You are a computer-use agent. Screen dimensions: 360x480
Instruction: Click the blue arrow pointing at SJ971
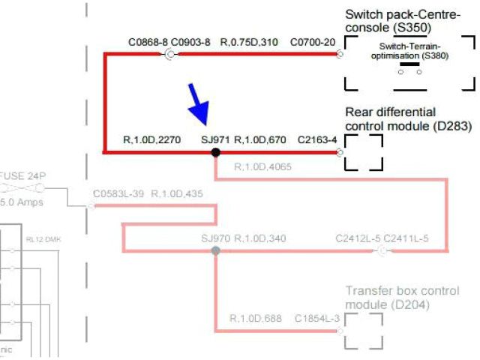pos(198,103)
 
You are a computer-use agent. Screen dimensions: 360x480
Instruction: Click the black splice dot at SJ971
pos(215,152)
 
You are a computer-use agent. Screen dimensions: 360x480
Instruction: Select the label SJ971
pos(214,139)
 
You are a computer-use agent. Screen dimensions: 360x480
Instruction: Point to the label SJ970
pos(214,238)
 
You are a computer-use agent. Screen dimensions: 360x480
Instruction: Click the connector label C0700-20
pos(313,41)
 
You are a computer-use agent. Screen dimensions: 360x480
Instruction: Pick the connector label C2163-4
pos(317,139)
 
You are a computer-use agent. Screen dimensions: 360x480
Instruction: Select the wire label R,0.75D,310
pos(248,41)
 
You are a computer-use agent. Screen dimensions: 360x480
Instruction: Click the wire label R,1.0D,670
pos(260,139)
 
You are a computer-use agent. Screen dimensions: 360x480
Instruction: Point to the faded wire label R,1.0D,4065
pos(263,166)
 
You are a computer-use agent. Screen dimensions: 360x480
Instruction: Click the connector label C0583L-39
pos(119,194)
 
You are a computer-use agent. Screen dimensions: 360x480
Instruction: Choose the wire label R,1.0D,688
pos(256,318)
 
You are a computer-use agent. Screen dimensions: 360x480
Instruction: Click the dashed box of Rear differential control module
pos(364,152)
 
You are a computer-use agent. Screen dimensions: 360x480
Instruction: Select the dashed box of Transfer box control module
pos(364,330)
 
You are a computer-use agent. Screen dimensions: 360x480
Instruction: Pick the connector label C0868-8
pos(148,41)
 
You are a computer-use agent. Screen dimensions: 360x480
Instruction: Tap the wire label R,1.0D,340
pos(260,238)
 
